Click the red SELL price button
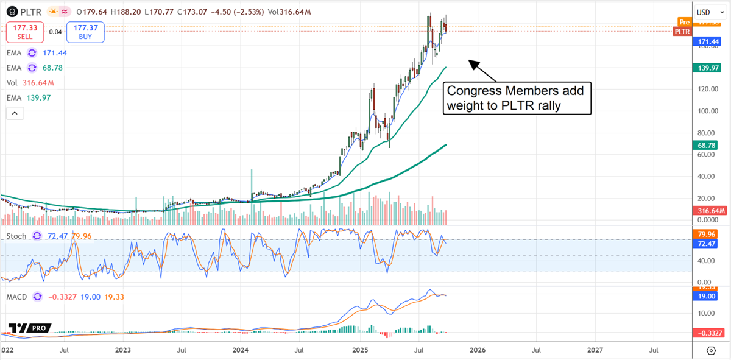[24, 32]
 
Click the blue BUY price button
[86, 32]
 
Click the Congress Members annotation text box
[517, 98]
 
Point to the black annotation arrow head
[470, 60]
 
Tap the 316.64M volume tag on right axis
[711, 211]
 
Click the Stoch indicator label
[17, 235]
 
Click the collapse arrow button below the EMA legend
[14, 113]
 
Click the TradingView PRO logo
[29, 328]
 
